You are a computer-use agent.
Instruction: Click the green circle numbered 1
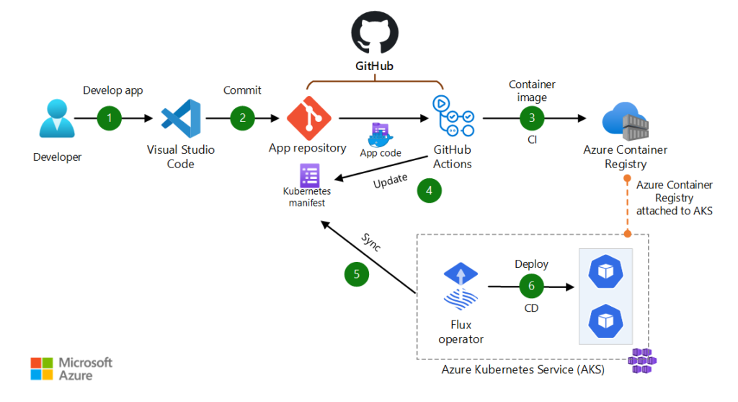click(110, 118)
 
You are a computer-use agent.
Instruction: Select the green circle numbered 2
click(243, 118)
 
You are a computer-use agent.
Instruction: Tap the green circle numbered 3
click(532, 118)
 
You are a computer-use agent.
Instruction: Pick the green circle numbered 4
click(430, 191)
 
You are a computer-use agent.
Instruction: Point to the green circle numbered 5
click(357, 274)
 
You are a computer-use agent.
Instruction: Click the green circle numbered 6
click(532, 287)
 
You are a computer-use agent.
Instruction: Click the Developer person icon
click(57, 119)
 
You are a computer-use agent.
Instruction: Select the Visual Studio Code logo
click(180, 118)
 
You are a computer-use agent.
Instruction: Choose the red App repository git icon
click(308, 118)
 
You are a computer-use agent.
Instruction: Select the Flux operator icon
click(461, 287)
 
